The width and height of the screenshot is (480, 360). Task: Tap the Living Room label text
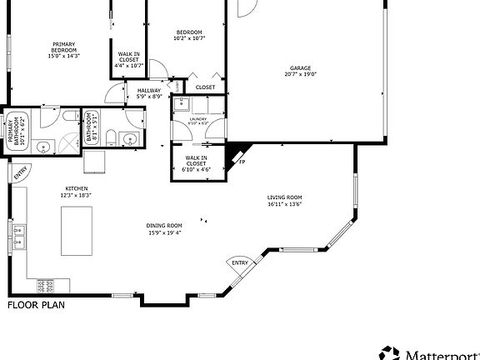284,200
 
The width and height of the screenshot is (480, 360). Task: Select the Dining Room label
164,229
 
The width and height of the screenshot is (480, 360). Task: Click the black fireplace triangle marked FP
239,153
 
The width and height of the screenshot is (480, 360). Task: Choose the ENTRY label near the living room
240,263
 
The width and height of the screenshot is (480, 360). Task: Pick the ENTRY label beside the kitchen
20,173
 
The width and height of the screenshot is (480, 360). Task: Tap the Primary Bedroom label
64,51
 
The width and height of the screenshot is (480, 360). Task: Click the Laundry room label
197,121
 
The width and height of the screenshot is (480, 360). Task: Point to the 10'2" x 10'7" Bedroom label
189,35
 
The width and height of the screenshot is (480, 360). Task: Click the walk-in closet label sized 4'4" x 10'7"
128,59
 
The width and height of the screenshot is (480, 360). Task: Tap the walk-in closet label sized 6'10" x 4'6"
197,163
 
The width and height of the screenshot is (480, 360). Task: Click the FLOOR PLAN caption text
36,305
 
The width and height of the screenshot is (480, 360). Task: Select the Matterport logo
429,352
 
